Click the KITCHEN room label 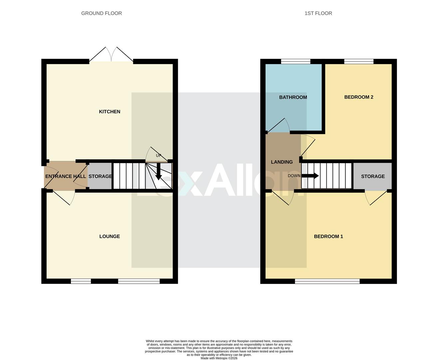110,112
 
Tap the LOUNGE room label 110,236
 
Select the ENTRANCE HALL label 65,176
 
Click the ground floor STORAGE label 100,176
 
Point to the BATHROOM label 293,97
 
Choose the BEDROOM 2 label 359,97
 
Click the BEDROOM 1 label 328,236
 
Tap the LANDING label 282,162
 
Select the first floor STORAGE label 373,176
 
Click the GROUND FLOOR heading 102,13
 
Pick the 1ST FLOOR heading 318,13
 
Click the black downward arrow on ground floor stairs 159,172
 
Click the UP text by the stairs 159,156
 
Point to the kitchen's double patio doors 111,55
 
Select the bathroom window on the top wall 296,61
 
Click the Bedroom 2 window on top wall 359,61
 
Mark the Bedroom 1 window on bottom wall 327,281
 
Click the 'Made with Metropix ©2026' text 219,358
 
